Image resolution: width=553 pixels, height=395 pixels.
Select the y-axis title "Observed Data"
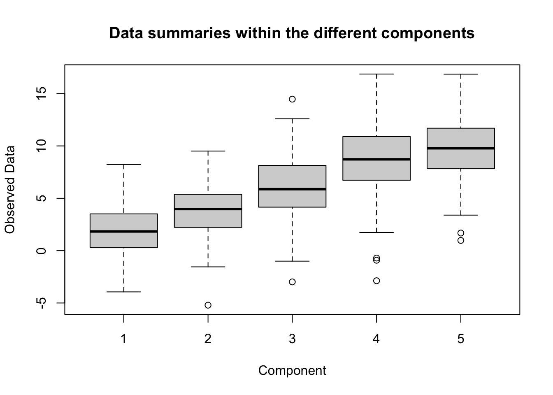10,190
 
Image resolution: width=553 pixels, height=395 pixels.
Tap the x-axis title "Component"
292,371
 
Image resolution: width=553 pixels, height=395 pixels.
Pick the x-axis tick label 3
292,339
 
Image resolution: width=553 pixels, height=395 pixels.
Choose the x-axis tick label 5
460,339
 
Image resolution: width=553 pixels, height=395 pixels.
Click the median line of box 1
124,232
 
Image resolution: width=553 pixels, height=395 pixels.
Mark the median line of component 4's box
376,159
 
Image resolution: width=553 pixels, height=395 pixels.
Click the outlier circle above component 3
292,99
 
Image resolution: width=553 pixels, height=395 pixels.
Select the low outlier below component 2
208,305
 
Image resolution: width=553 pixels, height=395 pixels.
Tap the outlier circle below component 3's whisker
292,282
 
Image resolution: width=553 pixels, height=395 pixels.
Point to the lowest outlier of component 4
376,281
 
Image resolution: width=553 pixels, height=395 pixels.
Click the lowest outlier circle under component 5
461,240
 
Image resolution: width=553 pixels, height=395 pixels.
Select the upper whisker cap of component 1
124,165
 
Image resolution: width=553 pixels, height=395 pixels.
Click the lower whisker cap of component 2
208,267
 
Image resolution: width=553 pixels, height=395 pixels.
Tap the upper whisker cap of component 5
461,74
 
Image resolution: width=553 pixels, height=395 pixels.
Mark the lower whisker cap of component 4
376,233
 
